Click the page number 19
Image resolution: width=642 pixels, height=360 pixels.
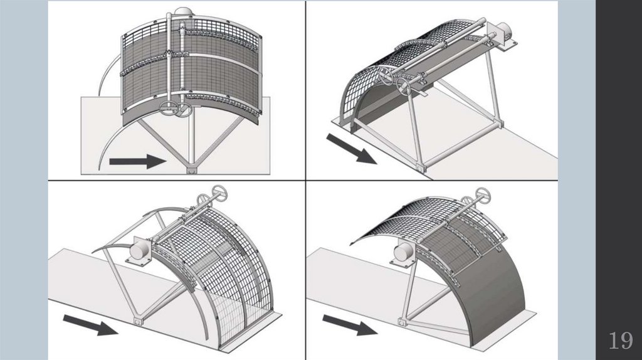[620, 341]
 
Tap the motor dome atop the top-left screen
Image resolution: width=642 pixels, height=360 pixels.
[182, 12]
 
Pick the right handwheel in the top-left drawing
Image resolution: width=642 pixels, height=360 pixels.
[184, 110]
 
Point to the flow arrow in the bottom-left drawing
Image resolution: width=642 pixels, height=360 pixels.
[90, 324]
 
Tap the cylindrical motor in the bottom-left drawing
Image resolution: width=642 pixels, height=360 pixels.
[139, 250]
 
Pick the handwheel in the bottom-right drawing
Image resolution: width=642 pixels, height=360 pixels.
[482, 193]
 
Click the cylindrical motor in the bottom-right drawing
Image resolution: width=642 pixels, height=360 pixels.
[401, 253]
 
